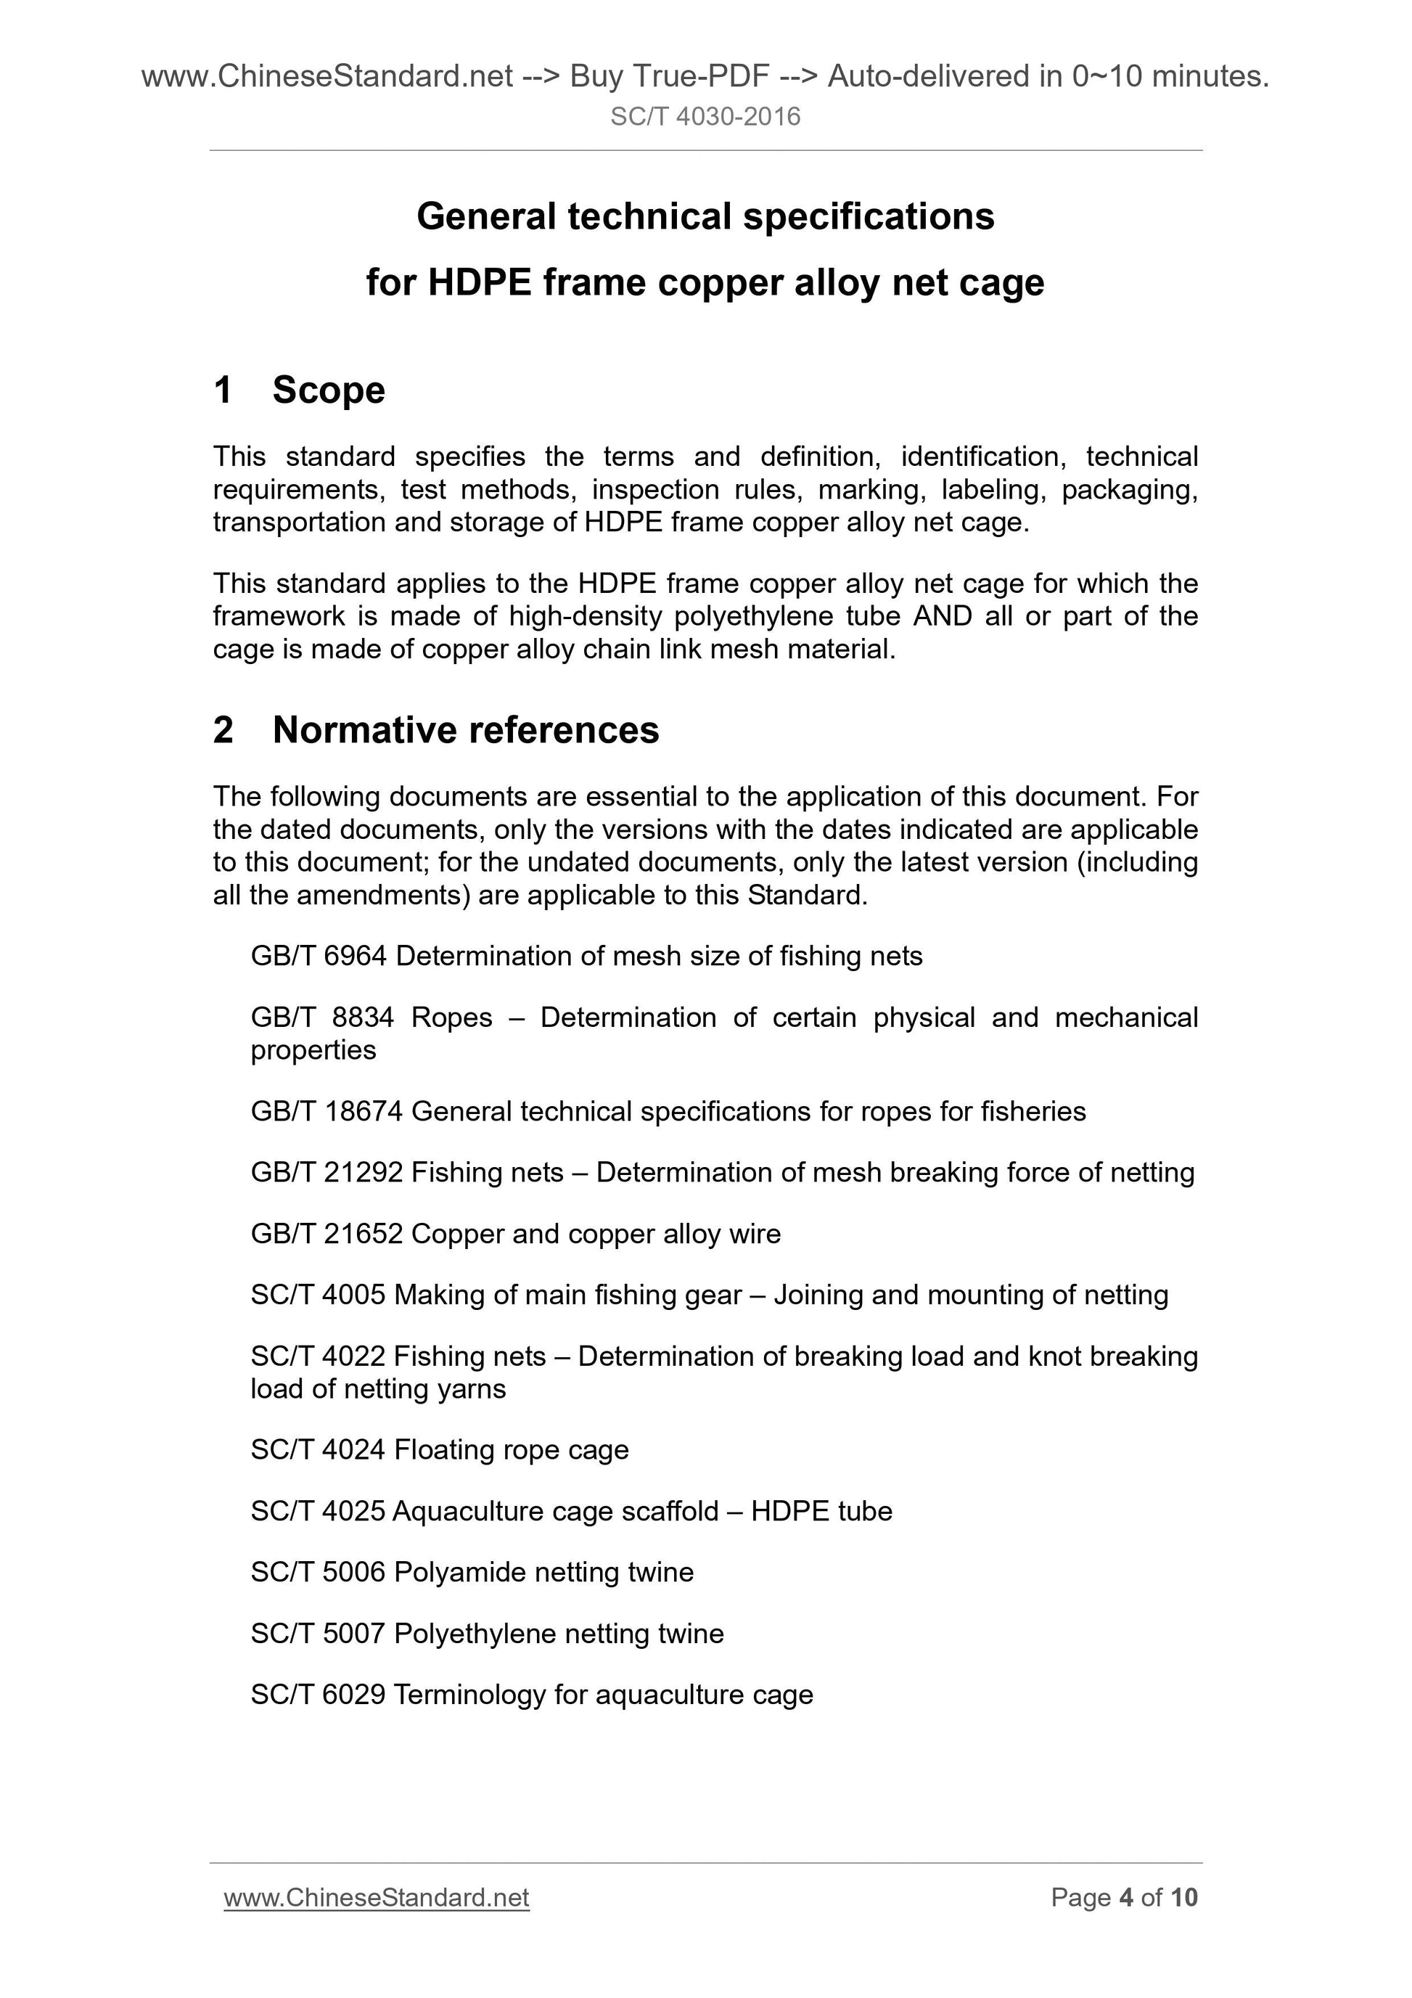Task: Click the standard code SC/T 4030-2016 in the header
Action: coord(705,117)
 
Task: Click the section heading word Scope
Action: coord(328,390)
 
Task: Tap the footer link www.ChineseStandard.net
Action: coord(376,1897)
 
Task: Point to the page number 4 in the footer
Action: coord(1126,1897)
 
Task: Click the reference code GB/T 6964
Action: coord(319,957)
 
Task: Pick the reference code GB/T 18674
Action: coord(327,1112)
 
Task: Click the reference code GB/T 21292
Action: coord(327,1173)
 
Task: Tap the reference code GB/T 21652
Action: coord(327,1234)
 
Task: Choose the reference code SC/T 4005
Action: coord(318,1295)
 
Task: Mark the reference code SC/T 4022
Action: coord(318,1356)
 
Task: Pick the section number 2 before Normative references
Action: coord(223,730)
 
